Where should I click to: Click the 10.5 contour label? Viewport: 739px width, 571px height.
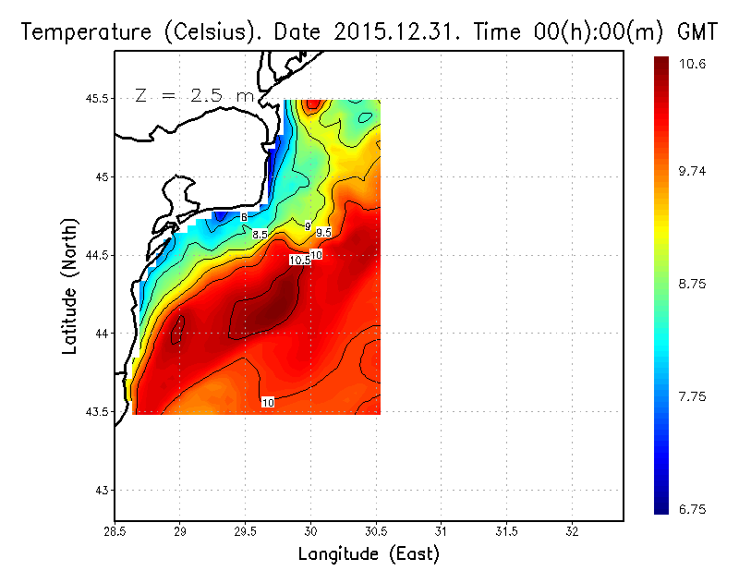point(299,261)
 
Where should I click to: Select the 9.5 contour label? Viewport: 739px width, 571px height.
point(323,233)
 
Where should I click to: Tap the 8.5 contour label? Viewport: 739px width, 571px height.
point(260,236)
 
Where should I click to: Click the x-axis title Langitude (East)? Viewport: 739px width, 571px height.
point(369,554)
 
